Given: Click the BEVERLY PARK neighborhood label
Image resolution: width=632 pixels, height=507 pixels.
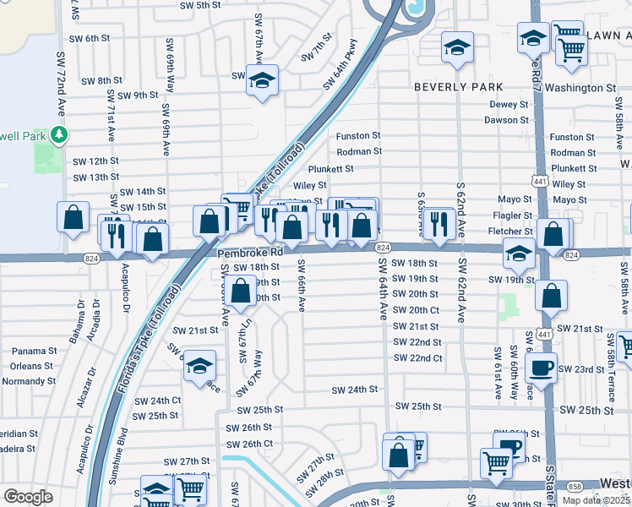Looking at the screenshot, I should point(458,87).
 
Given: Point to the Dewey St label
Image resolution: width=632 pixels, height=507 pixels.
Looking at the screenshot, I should point(509,105).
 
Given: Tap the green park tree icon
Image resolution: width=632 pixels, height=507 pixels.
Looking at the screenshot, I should point(58,134).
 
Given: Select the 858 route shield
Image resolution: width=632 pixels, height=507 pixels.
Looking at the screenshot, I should point(575,487).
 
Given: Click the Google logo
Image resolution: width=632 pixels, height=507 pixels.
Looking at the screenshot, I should point(28,497).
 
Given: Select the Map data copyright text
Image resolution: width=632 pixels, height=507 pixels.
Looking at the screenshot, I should point(596,500).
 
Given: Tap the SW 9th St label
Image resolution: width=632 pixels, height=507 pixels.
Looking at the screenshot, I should point(138,95).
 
